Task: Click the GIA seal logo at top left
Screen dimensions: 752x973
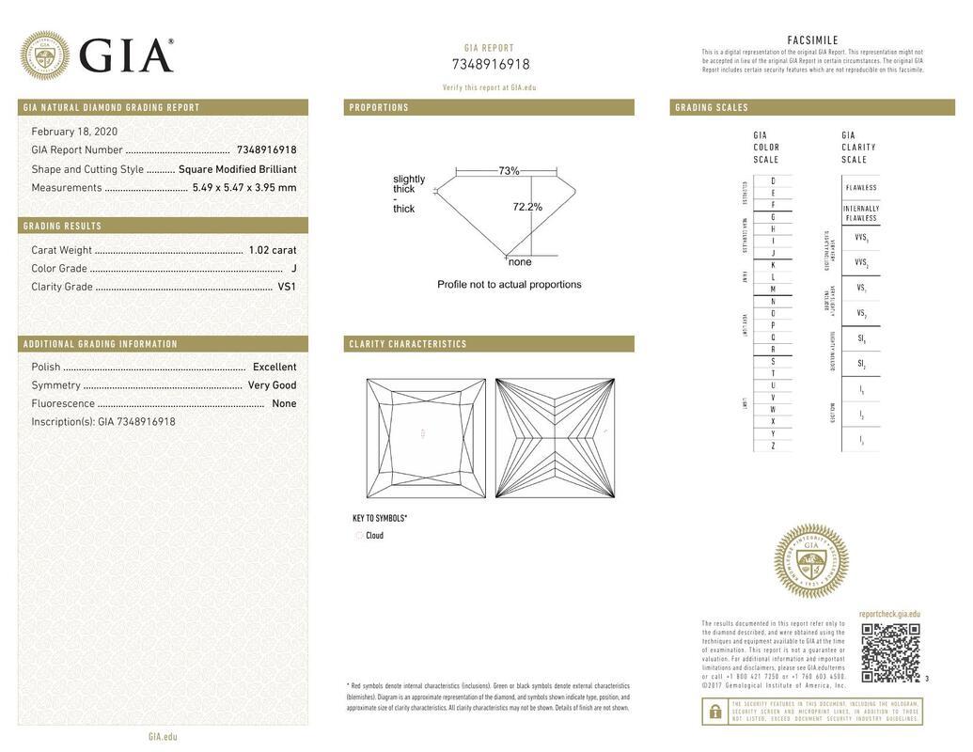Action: click(44, 55)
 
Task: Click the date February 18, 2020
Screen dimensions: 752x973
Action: click(74, 132)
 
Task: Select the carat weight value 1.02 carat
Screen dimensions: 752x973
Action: click(272, 250)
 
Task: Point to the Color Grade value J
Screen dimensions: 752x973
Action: click(293, 269)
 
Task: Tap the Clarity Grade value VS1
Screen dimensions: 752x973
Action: click(287, 287)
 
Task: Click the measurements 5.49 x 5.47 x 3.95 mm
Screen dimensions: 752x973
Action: click(244, 188)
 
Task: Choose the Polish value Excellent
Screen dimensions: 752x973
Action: click(275, 368)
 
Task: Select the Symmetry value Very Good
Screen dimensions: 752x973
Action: click(272, 385)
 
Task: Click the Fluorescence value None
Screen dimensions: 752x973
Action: click(284, 404)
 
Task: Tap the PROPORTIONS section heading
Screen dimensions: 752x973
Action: click(379, 108)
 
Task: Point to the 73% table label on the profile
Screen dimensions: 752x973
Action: click(509, 171)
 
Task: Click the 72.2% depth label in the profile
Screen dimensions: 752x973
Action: click(527, 207)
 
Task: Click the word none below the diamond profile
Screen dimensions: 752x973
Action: click(520, 262)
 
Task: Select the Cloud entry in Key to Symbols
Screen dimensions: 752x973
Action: click(374, 536)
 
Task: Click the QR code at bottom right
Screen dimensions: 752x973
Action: click(890, 652)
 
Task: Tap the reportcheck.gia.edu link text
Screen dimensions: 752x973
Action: click(889, 614)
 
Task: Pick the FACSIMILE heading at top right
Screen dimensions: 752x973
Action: click(812, 40)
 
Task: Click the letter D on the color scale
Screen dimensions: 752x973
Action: click(773, 180)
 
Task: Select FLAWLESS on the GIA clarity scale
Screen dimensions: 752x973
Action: click(860, 188)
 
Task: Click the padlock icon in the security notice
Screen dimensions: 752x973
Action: click(714, 712)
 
